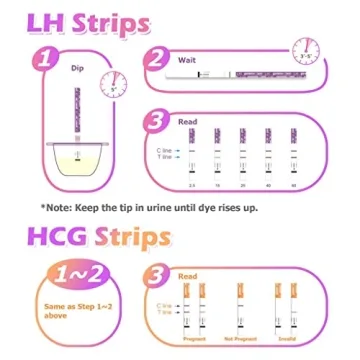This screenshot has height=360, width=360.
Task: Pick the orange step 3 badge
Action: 157,274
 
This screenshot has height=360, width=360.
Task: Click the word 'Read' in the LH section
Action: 187,121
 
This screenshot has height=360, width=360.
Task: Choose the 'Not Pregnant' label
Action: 239,339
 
